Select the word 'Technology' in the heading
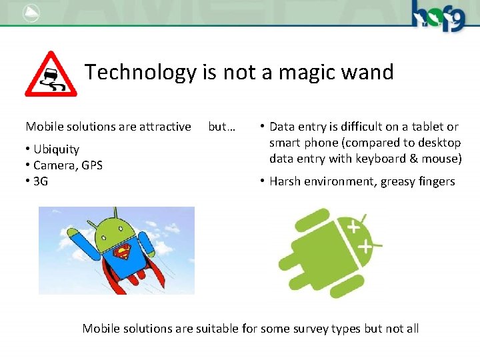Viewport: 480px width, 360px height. [x=141, y=72]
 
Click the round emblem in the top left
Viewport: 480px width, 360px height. [x=30, y=13]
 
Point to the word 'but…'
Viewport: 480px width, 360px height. [x=221, y=127]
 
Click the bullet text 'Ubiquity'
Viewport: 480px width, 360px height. [x=56, y=149]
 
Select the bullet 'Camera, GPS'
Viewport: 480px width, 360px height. [x=67, y=165]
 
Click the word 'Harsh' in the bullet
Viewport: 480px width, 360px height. [x=285, y=181]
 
